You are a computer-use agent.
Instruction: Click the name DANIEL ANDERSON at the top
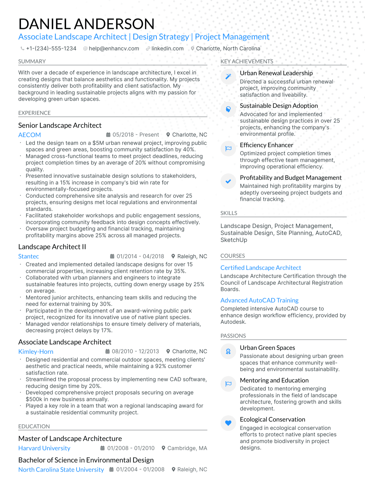86,24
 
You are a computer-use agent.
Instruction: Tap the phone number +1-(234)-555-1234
51,49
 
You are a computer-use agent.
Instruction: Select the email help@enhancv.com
114,49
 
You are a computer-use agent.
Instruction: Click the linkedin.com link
167,49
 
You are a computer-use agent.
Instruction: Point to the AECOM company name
30,135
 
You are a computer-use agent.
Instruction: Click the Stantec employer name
28,256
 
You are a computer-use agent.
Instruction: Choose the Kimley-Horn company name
36,352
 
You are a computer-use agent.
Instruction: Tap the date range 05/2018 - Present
136,135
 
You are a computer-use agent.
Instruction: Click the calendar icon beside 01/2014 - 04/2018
112,256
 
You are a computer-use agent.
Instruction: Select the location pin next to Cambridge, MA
163,448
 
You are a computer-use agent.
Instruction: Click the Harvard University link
44,448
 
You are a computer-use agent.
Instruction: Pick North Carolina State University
61,470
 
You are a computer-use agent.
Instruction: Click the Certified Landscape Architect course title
261,268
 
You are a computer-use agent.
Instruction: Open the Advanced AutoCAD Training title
259,300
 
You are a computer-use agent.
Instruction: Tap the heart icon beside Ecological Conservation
228,423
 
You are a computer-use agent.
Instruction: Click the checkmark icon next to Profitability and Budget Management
228,181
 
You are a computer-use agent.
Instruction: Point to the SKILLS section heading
229,213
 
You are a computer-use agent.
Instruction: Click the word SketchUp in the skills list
234,240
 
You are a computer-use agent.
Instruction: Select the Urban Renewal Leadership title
276,73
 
